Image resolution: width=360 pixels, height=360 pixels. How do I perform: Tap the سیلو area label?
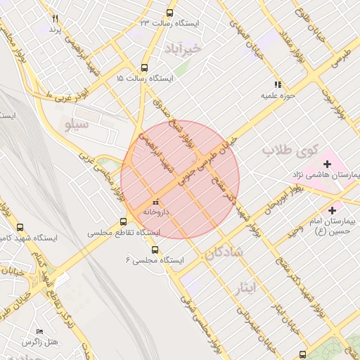(77, 125)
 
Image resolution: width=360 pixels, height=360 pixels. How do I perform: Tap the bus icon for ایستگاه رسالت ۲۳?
(169, 13)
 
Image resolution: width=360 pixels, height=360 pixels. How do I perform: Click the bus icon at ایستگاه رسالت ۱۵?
(145, 68)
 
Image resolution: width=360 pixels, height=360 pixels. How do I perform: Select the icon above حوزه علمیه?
(278, 84)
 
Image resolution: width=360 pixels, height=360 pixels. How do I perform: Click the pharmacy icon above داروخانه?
(155, 202)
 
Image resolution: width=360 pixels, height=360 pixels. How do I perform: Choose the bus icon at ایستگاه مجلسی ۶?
(155, 250)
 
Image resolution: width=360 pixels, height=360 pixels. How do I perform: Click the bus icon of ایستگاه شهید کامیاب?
(19, 228)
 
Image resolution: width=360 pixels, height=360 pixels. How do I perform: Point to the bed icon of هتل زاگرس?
(39, 331)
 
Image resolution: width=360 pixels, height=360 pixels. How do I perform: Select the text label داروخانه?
(157, 211)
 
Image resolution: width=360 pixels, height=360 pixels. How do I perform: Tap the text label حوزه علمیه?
(278, 94)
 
